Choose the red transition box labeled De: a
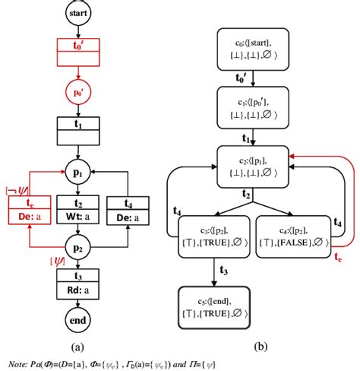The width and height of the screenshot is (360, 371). (x=31, y=210)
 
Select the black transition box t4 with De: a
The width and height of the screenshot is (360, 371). (x=125, y=210)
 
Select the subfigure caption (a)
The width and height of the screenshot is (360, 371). (x=77, y=344)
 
